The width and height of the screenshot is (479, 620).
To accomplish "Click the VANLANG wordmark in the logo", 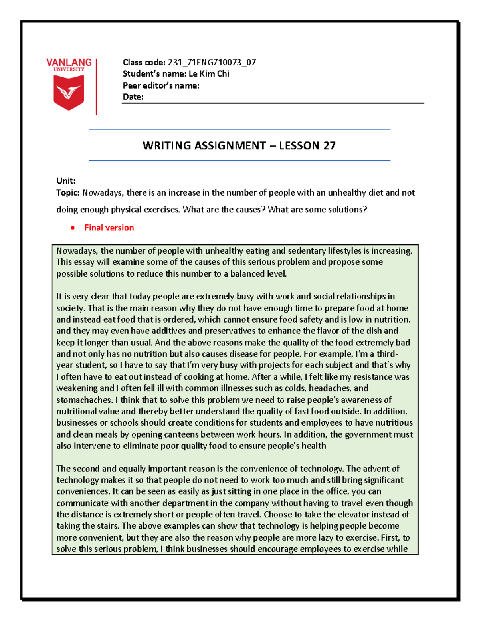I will coord(69,63).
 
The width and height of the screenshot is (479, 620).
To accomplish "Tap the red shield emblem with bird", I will coord(69,92).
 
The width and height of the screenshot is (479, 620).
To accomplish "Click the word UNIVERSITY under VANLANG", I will coord(69,69).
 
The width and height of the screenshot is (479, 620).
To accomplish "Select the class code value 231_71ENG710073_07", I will coord(212,62).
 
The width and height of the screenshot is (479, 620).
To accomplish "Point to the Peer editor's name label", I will coord(161,85).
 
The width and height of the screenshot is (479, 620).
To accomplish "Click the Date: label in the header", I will coord(133,97).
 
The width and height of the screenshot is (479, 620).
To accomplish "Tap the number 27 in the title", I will coord(329,145).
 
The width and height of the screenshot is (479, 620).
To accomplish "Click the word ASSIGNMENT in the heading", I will coord(230,145).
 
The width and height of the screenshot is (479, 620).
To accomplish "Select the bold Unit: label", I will coord(66,181).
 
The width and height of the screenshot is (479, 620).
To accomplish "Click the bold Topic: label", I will coord(68,193).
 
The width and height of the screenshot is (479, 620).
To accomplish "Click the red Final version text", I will coord(109,228).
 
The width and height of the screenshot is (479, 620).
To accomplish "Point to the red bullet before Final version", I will coord(73,228).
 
